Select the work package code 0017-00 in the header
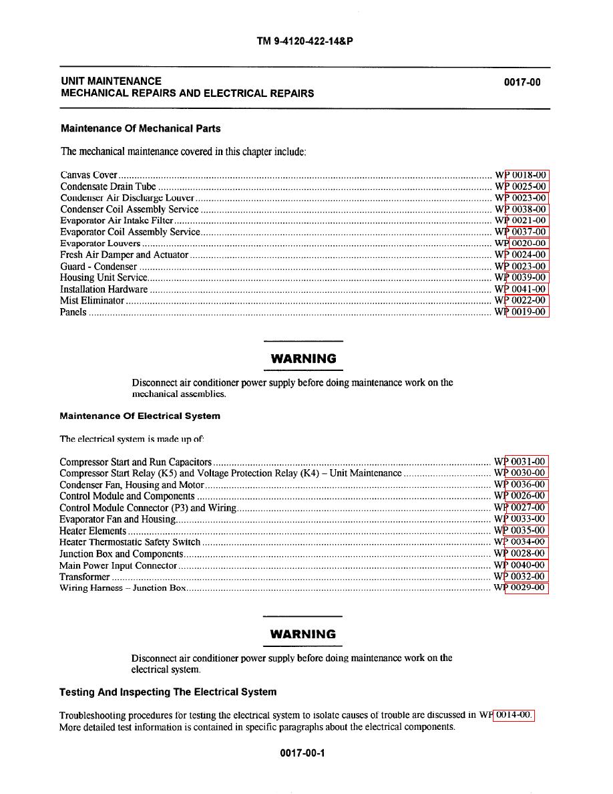tap(522, 83)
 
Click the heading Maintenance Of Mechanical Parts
tap(140, 128)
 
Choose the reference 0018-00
tap(528, 175)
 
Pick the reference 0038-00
tap(528, 209)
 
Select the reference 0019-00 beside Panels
tap(528, 312)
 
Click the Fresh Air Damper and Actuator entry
tap(124, 255)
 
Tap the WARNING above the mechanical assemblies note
tap(303, 359)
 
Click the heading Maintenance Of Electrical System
tap(140, 416)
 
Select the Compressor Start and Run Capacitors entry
tap(136, 462)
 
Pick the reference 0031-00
tap(528, 462)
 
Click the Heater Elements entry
tap(93, 531)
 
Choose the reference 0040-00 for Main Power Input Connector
tap(528, 565)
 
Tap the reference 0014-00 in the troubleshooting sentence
tap(514, 715)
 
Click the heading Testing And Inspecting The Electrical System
tap(168, 692)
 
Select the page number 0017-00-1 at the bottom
tap(302, 753)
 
